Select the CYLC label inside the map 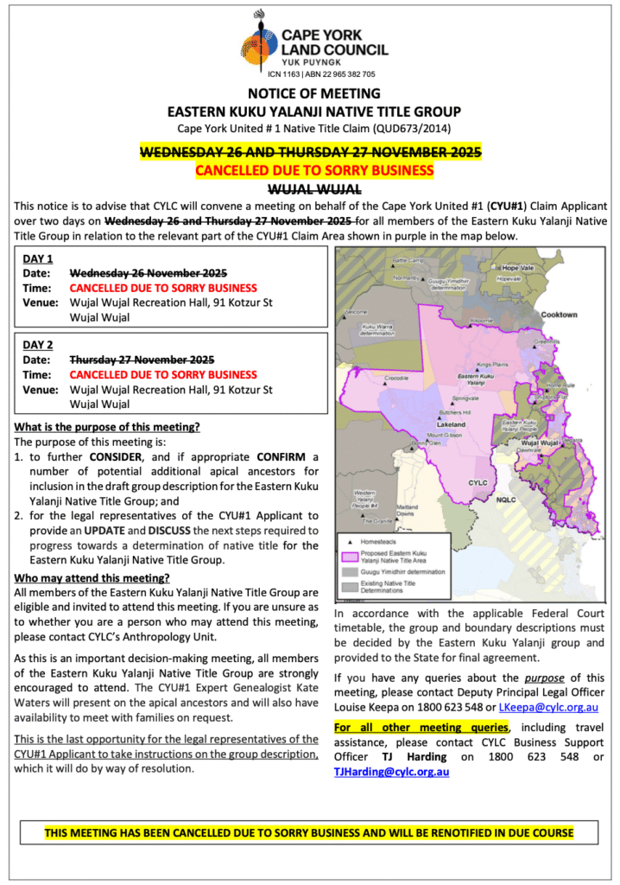(478, 483)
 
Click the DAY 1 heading (38, 258)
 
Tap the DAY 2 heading (38, 344)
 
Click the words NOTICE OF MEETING (313, 93)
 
